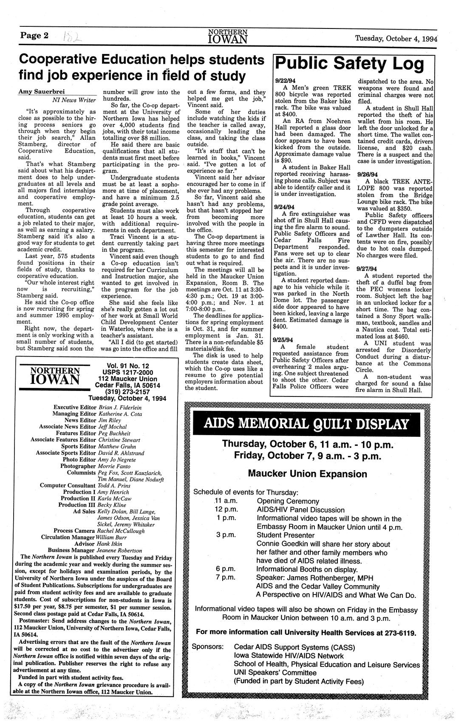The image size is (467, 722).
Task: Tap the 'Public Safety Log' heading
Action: click(x=350, y=65)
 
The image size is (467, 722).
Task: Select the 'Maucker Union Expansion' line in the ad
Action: click(x=307, y=473)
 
